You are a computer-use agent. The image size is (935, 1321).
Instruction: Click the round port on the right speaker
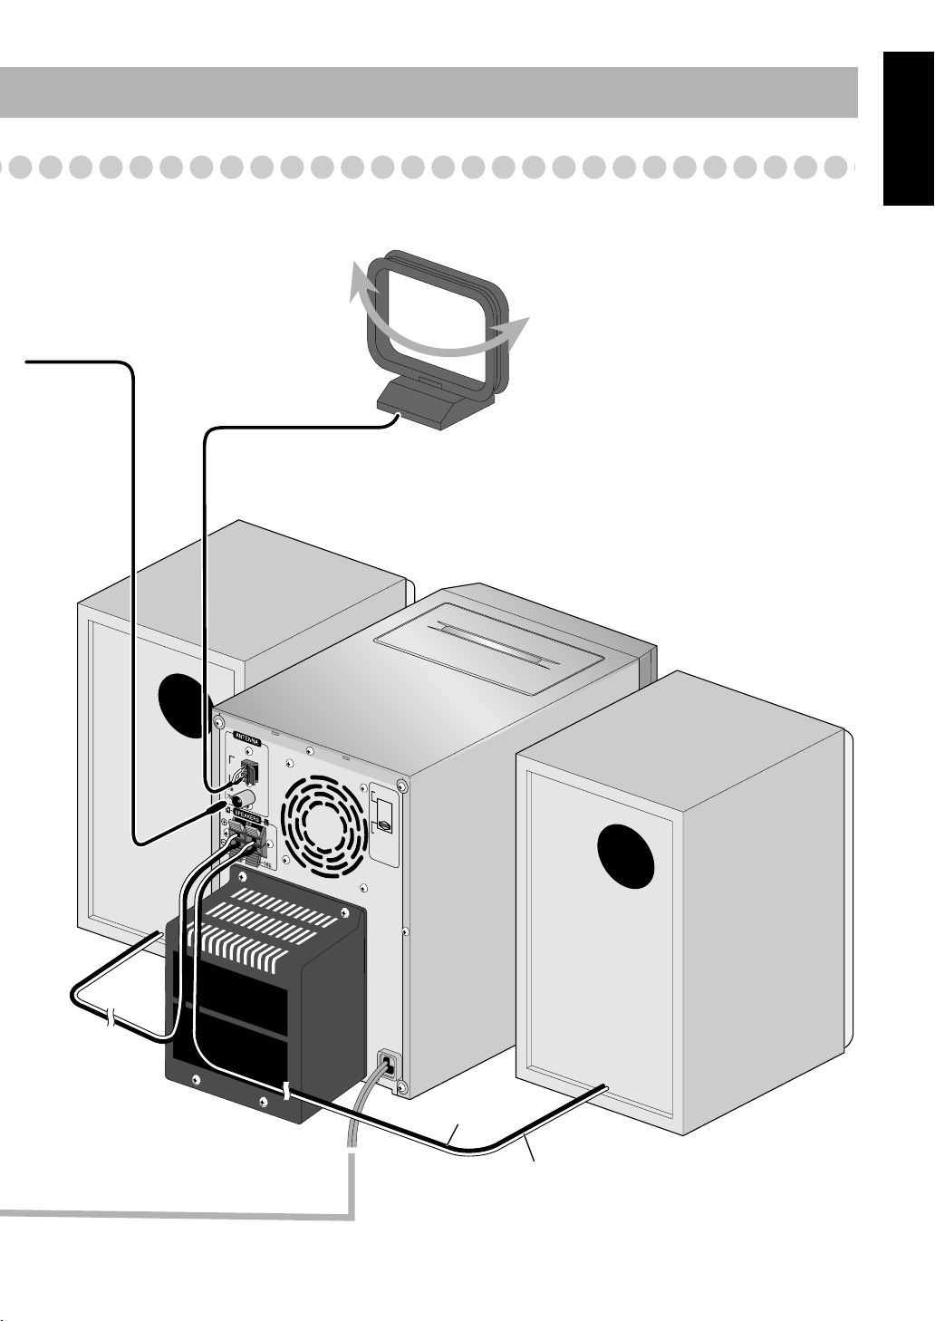(x=626, y=857)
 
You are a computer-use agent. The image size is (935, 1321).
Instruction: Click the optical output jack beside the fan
(x=383, y=824)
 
